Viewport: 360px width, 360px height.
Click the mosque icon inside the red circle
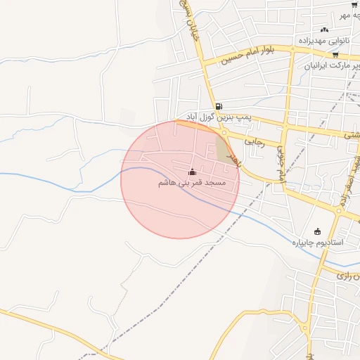(193, 172)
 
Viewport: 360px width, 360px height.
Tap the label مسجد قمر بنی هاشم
(192, 183)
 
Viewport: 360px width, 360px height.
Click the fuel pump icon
(219, 107)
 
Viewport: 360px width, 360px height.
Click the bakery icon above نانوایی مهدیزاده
(324, 29)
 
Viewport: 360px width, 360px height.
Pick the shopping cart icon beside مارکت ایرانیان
(335, 55)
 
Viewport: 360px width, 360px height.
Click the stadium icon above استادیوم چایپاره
(317, 231)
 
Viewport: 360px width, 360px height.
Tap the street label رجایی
(253, 142)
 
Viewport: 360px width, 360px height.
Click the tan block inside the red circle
(224, 150)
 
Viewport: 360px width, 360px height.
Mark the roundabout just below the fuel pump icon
(224, 131)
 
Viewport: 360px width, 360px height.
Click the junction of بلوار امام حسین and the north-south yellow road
(292, 49)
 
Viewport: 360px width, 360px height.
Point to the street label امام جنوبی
(282, 166)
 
